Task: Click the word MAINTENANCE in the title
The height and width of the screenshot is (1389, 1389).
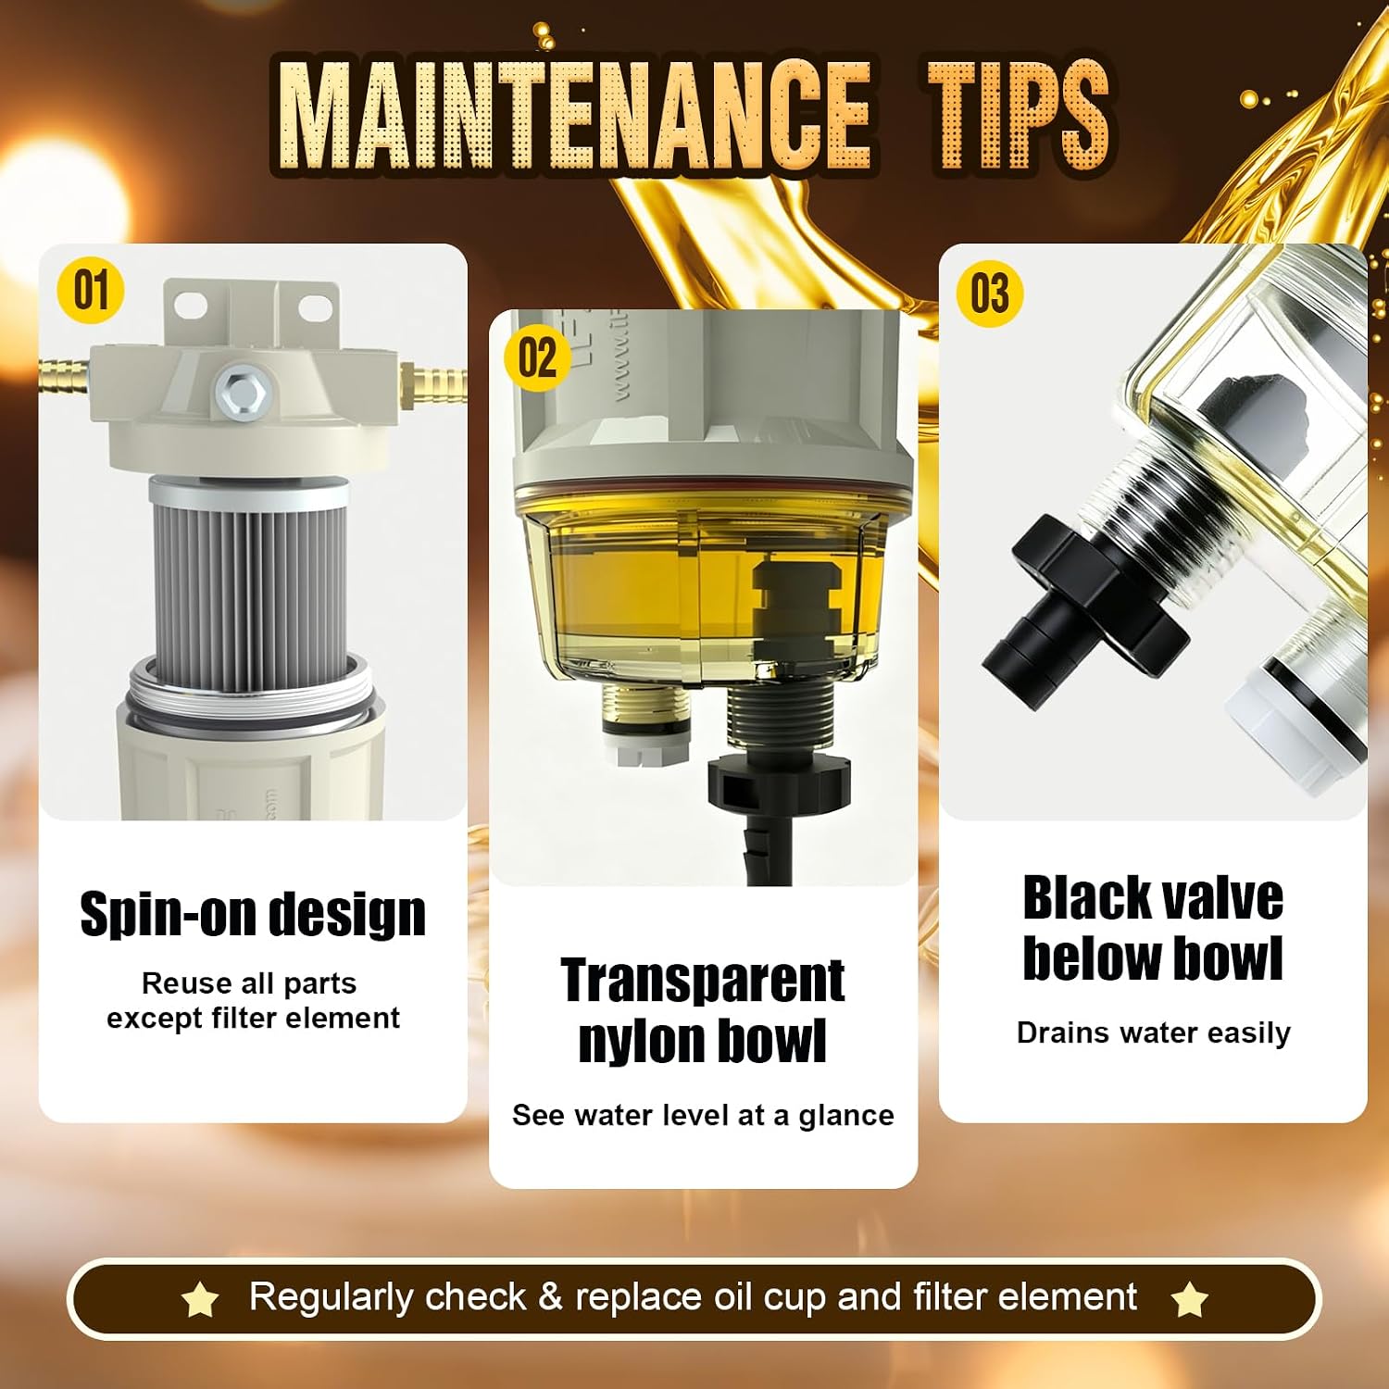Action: [573, 116]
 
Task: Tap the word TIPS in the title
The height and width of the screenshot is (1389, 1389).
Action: [1019, 116]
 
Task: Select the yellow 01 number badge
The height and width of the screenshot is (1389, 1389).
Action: [91, 291]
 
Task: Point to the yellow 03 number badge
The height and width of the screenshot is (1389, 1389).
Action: [990, 294]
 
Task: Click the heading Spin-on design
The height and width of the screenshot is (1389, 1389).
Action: [253, 914]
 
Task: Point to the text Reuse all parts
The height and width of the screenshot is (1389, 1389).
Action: [249, 982]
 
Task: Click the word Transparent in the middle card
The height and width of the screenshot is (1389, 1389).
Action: [703, 980]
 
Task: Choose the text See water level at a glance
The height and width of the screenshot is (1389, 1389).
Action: [703, 1115]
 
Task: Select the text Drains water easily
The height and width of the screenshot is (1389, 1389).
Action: [1154, 1032]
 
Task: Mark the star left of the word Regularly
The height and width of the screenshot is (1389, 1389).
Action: [200, 1300]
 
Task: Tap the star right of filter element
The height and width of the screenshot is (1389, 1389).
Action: [1190, 1300]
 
